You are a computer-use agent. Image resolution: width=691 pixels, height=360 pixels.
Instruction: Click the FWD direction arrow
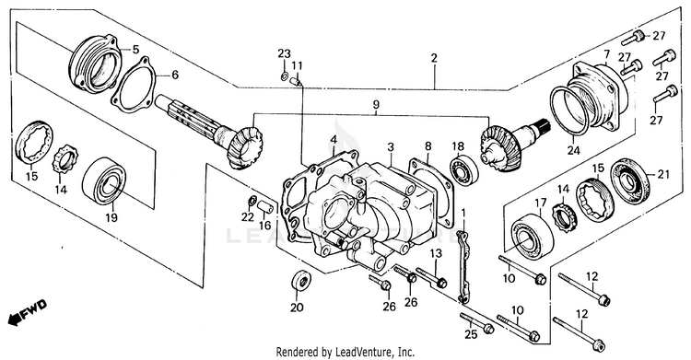[x=28, y=311]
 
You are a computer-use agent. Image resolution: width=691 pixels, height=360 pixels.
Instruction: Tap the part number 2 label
[x=434, y=58]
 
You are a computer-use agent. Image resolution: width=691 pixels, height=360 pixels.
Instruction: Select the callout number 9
[x=376, y=105]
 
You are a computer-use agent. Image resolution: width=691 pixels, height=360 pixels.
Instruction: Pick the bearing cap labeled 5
[x=95, y=66]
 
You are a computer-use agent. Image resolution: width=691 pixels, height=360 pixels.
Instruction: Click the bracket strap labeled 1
[x=463, y=266]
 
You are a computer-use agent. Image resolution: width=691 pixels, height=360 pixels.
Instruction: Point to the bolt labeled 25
[x=477, y=323]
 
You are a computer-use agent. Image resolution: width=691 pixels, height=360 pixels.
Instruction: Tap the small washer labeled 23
[x=284, y=77]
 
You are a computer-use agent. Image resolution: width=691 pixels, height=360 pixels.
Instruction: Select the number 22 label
[x=248, y=216]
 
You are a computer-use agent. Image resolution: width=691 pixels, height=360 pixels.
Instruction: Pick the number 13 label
[x=436, y=253]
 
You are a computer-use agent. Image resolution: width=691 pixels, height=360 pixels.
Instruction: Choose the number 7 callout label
[x=606, y=54]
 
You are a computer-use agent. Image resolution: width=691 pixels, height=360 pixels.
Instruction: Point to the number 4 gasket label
[x=334, y=140]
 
